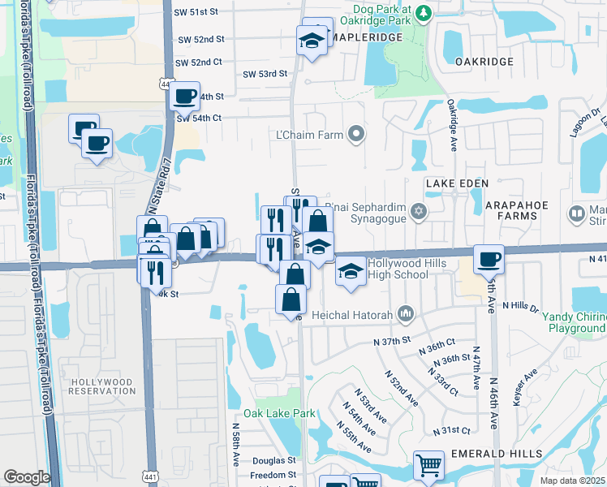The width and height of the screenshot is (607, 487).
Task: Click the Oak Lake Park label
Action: click(285, 413)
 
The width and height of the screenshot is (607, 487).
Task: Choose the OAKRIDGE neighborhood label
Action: click(484, 62)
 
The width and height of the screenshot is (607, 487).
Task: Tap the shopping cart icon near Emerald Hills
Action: click(428, 465)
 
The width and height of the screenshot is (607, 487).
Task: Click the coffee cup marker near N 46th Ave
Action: click(489, 259)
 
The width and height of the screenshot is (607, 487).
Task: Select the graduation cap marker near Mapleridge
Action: click(311, 40)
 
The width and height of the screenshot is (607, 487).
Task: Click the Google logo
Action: click(26, 477)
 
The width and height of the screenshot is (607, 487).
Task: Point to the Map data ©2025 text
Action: click(573, 481)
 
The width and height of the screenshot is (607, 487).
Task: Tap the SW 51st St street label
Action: click(197, 12)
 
